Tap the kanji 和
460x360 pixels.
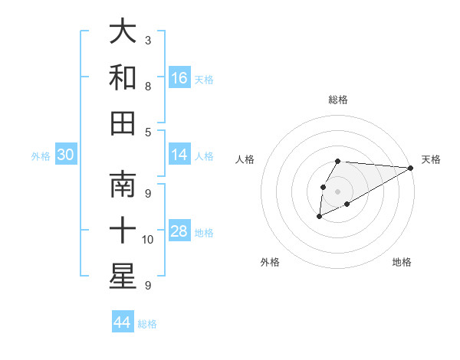pyautogui.click(x=123, y=78)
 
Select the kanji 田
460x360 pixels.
pyautogui.click(x=123, y=123)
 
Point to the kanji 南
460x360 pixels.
pyautogui.click(x=123, y=186)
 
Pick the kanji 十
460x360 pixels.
pyautogui.click(x=123, y=231)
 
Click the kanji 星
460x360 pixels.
pyautogui.click(x=123, y=276)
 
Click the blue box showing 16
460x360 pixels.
pyautogui.click(x=179, y=78)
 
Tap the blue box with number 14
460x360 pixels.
pyautogui.click(x=179, y=155)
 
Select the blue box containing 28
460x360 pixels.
pyautogui.click(x=179, y=231)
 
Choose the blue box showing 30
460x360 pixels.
pyautogui.click(x=66, y=155)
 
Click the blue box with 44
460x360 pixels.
pyautogui.click(x=123, y=322)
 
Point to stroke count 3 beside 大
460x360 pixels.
pyautogui.click(x=148, y=40)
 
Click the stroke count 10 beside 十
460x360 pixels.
pyautogui.click(x=148, y=240)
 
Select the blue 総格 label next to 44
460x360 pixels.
pyautogui.click(x=147, y=324)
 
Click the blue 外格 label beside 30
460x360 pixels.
pyautogui.click(x=41, y=156)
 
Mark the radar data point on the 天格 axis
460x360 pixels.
pyautogui.click(x=410, y=168)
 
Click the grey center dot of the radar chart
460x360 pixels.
pyautogui.click(x=337, y=191)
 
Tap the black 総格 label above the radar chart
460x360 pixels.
pyautogui.click(x=338, y=100)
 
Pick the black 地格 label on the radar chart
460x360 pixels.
pyautogui.click(x=402, y=263)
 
